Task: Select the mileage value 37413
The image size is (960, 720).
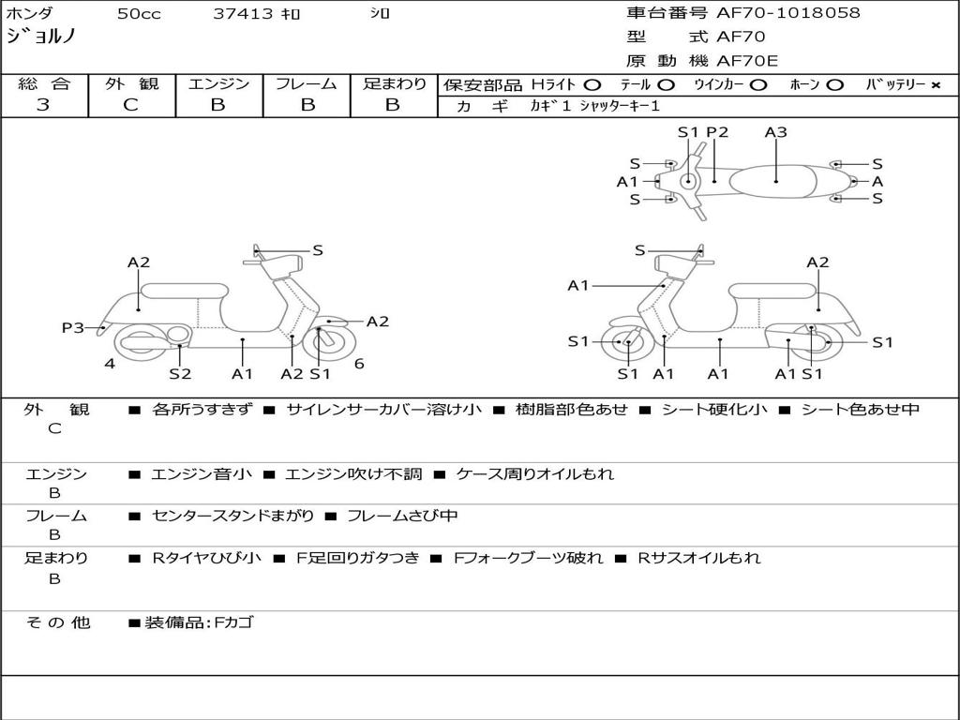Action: pyautogui.click(x=243, y=14)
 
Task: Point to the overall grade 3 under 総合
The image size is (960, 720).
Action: pyautogui.click(x=43, y=105)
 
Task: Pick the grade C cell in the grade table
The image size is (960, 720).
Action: pyautogui.click(x=131, y=105)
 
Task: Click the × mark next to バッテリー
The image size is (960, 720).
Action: pyautogui.click(x=935, y=85)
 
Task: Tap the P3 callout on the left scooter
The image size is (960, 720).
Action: pyautogui.click(x=73, y=327)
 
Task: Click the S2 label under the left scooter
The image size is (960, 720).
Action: pyautogui.click(x=180, y=374)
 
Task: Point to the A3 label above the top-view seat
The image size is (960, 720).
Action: pyautogui.click(x=775, y=132)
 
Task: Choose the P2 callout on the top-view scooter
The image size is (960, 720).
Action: pyautogui.click(x=717, y=132)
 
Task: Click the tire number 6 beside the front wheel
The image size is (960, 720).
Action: pyautogui.click(x=359, y=364)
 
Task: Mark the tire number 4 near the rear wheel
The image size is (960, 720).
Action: pyautogui.click(x=110, y=364)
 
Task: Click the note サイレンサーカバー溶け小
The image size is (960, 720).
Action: pyautogui.click(x=384, y=410)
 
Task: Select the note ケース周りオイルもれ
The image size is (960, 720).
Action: pyautogui.click(x=534, y=474)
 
